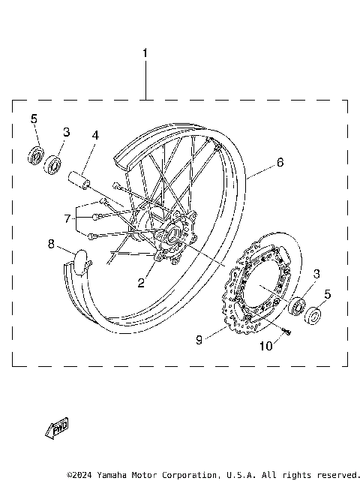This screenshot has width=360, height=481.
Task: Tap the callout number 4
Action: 95,136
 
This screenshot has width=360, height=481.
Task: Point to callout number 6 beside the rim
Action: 279,162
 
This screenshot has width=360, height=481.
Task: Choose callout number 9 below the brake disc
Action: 199,339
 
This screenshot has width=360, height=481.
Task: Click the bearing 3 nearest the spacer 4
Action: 53,165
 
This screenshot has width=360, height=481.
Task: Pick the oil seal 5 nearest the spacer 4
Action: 34,155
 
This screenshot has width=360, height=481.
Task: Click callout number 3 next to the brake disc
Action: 316,273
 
